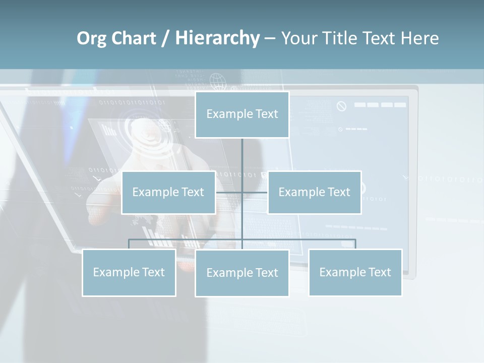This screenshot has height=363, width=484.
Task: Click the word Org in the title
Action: [x=91, y=38]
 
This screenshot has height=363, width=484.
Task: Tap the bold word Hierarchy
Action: [x=217, y=38]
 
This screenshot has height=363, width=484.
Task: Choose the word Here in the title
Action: [x=419, y=38]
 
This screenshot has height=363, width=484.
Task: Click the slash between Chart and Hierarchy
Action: [x=165, y=39]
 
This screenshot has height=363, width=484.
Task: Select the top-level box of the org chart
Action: [x=242, y=114]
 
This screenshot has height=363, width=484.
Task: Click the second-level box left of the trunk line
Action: [x=168, y=192]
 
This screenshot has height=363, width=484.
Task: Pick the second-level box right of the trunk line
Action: [x=314, y=192]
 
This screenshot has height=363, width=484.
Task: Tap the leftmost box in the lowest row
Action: [x=129, y=272]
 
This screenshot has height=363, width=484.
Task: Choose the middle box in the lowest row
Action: [x=242, y=273]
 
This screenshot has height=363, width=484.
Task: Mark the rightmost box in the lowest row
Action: [x=355, y=272]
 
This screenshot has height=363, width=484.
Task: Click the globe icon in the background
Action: [x=217, y=80]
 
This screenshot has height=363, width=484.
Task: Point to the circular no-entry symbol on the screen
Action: [x=341, y=106]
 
